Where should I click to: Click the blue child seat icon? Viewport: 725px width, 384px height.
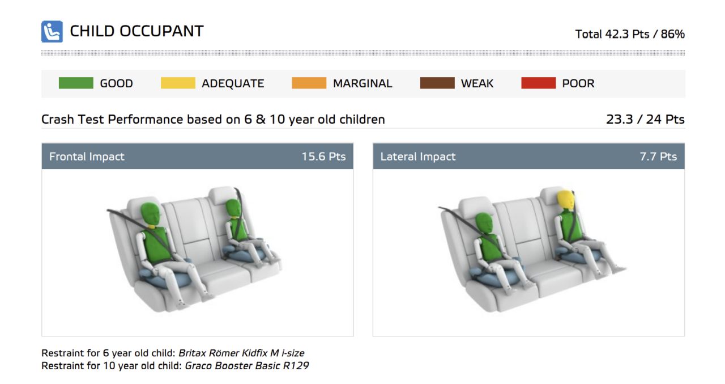[x=52, y=31]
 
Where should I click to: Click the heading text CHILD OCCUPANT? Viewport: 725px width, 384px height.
[x=137, y=31]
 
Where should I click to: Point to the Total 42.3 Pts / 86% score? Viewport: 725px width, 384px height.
[x=629, y=34]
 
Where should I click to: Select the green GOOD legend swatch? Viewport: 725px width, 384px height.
[x=76, y=83]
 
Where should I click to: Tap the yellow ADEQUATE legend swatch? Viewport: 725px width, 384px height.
[x=178, y=83]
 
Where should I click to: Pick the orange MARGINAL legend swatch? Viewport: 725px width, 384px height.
[x=309, y=83]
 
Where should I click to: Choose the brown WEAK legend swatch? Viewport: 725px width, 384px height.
[x=437, y=83]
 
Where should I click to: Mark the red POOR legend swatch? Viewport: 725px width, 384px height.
[x=539, y=83]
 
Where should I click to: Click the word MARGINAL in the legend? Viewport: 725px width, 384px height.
[x=362, y=83]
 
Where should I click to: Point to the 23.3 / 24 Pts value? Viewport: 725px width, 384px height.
[x=645, y=119]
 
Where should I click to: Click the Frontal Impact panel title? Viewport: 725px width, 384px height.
[x=87, y=157]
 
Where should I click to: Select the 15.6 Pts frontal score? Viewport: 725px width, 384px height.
[x=323, y=157]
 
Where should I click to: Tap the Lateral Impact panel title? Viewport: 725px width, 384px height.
[x=418, y=157]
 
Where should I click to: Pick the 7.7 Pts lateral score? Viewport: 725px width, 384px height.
[x=658, y=157]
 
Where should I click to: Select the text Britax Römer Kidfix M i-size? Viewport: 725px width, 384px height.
[x=241, y=353]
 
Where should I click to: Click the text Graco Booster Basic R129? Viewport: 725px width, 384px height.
[x=246, y=366]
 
